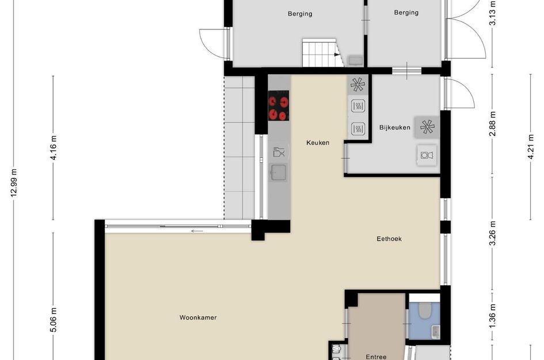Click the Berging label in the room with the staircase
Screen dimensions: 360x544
click(x=300, y=14)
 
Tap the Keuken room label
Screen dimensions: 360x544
click(x=318, y=142)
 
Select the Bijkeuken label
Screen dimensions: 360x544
click(x=395, y=128)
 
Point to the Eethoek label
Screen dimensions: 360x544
click(x=389, y=238)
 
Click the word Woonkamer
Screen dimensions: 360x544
click(x=198, y=317)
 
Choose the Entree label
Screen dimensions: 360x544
click(x=376, y=357)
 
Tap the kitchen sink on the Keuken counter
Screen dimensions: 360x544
click(x=279, y=172)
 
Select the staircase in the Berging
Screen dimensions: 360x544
click(x=319, y=54)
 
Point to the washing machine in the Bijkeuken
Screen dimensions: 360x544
click(x=427, y=154)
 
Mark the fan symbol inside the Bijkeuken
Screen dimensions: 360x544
click(x=427, y=126)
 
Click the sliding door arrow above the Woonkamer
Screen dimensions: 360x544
click(x=197, y=232)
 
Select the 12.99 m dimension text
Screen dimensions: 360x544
click(x=14, y=183)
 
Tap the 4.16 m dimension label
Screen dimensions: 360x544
click(x=54, y=147)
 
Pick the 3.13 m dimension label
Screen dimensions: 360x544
click(x=493, y=13)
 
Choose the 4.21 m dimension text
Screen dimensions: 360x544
click(x=531, y=147)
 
